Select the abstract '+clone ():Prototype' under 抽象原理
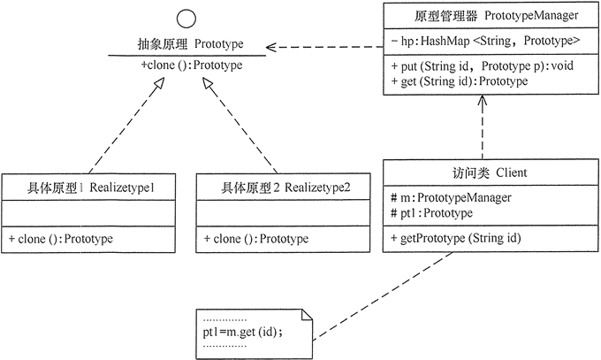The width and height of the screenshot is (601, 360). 190,65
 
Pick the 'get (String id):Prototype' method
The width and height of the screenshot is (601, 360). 459,81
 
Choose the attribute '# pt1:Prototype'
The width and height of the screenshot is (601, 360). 433,213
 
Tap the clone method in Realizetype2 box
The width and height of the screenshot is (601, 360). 255,239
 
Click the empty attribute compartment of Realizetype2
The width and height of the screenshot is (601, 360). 280,212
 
